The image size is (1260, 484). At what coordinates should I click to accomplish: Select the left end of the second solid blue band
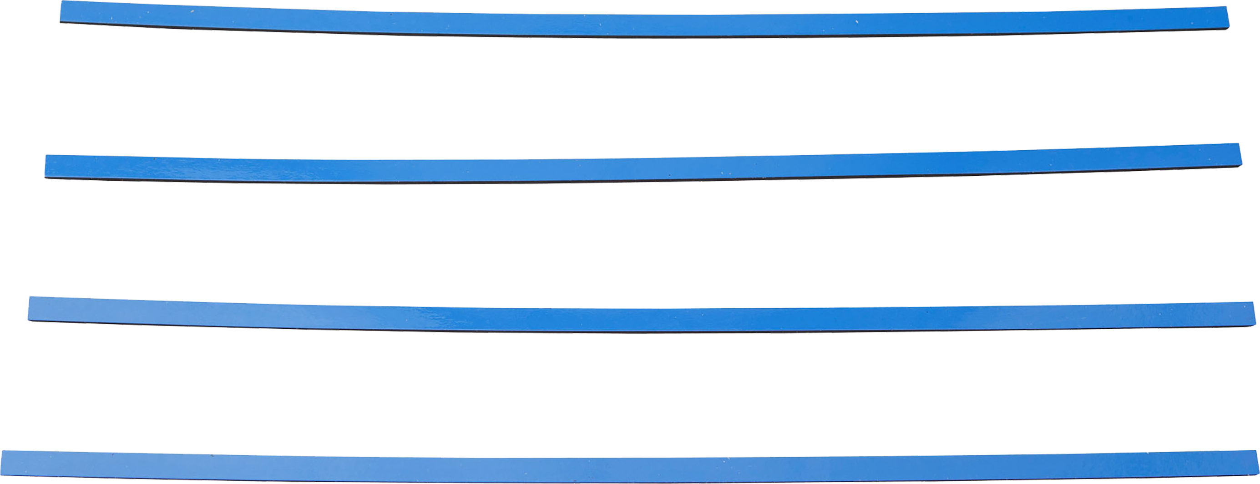[x=49, y=167]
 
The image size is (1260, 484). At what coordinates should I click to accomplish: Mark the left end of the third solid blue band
[x=32, y=309]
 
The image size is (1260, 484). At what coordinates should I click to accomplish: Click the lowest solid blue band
[x=630, y=467]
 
